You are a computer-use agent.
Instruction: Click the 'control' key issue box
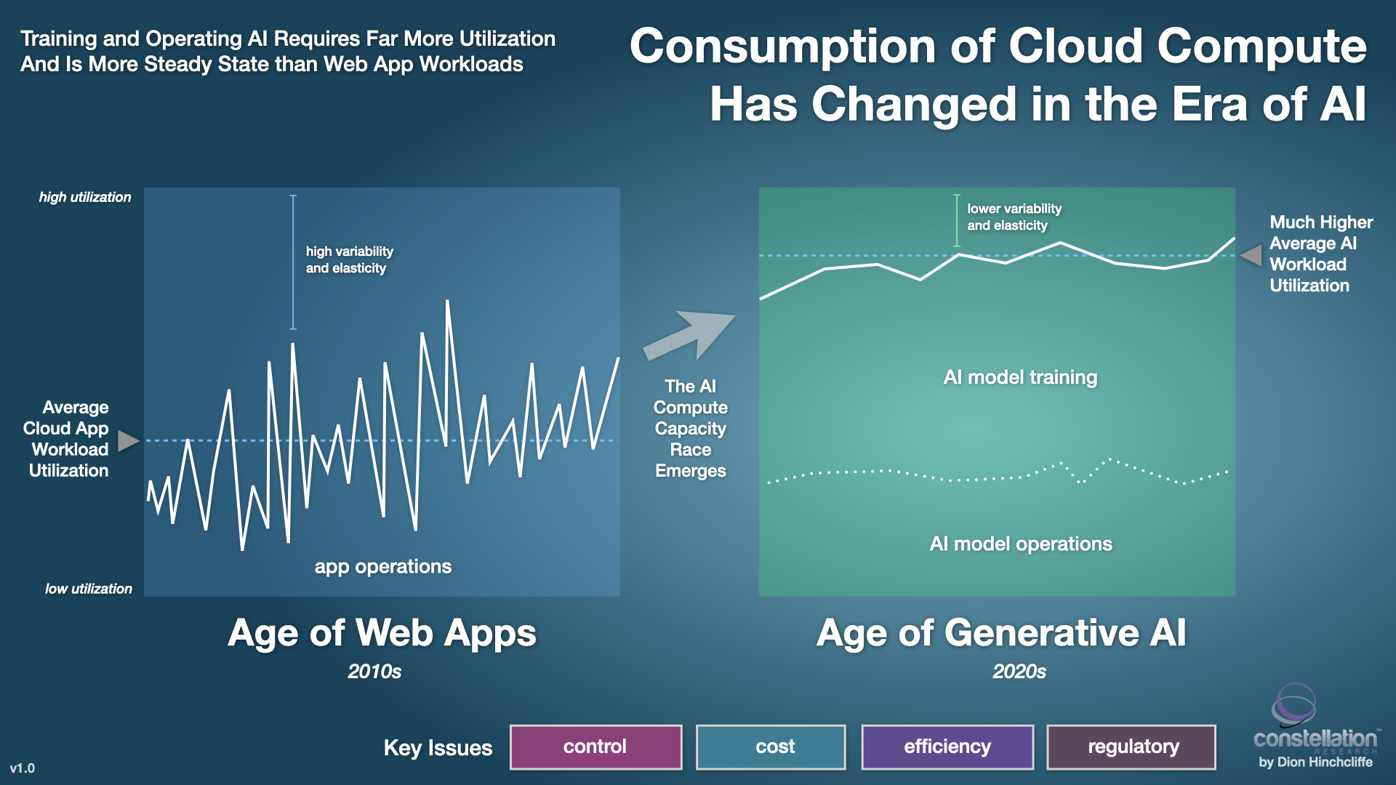[595, 746]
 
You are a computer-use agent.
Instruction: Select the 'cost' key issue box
[771, 746]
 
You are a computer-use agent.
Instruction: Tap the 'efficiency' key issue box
[947, 746]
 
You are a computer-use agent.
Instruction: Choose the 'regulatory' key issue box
[1131, 746]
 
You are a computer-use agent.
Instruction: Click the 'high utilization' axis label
[85, 197]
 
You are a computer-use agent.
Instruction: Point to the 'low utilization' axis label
[89, 589]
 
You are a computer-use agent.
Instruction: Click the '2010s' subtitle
[374, 671]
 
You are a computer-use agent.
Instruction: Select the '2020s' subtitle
[1019, 671]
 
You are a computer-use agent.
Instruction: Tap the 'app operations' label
[382, 566]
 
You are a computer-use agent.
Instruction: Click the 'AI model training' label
[1020, 377]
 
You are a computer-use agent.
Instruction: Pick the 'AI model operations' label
[1021, 544]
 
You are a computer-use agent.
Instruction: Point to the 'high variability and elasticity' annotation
[349, 259]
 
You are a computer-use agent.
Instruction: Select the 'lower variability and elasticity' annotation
[1014, 217]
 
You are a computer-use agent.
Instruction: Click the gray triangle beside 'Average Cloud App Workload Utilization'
[127, 440]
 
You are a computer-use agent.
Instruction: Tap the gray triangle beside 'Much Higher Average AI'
[1253, 255]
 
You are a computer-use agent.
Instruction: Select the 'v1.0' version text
[22, 768]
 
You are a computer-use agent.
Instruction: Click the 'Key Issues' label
[438, 747]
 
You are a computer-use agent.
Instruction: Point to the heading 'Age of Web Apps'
[382, 632]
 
